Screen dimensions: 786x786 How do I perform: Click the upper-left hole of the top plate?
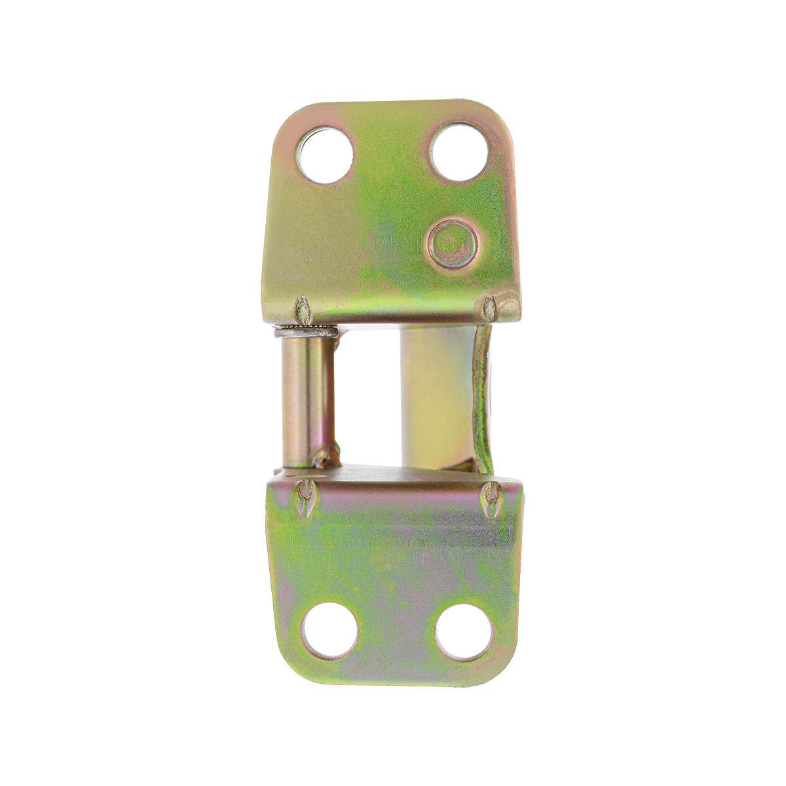325,155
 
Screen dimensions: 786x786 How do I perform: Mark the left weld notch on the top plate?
303,309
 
